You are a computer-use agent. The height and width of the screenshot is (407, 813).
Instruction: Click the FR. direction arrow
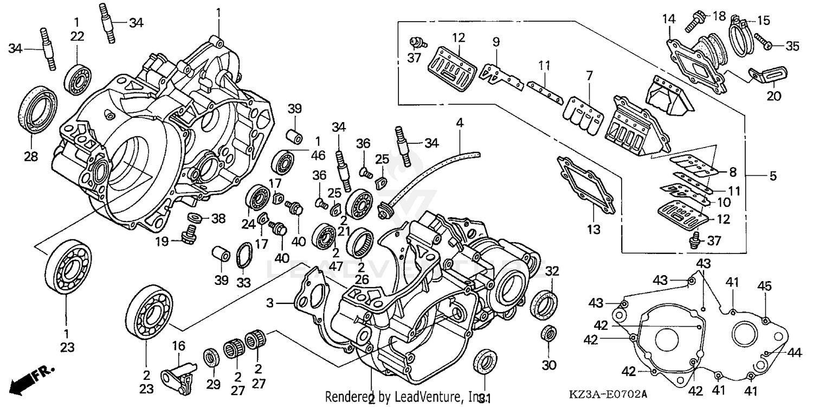click(33, 379)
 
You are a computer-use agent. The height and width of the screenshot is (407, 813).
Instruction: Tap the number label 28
click(30, 157)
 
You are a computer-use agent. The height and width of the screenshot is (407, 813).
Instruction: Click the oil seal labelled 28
click(38, 108)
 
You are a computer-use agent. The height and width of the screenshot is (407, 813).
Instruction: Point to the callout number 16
click(178, 346)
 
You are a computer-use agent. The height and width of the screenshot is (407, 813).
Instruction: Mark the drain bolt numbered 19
click(190, 237)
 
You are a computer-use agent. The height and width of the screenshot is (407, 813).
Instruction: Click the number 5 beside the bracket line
click(773, 176)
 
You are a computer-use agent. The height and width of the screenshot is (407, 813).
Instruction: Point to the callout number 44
click(794, 353)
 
